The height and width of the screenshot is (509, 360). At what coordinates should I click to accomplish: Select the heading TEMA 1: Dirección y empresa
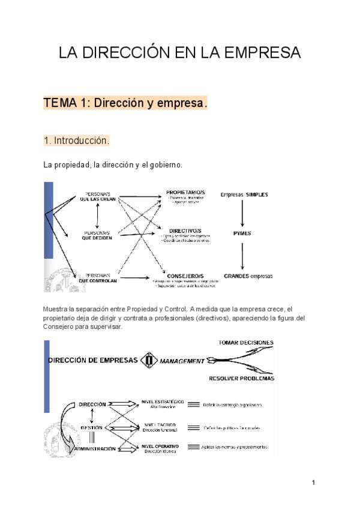click(125, 103)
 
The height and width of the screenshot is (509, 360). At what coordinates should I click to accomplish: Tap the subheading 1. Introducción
click(76, 141)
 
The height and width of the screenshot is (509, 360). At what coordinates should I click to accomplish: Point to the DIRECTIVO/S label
click(185, 230)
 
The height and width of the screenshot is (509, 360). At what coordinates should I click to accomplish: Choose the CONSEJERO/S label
click(187, 276)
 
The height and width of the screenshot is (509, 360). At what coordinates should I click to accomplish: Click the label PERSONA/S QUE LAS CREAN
click(97, 197)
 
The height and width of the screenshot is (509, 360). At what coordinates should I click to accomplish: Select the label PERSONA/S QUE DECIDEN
click(97, 235)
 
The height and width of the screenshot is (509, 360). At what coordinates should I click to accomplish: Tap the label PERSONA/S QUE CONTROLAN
click(97, 277)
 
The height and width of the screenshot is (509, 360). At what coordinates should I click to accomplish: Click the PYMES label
click(242, 233)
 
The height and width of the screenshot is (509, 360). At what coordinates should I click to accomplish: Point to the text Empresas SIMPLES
click(244, 194)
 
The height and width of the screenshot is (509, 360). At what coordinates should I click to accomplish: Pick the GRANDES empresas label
click(248, 276)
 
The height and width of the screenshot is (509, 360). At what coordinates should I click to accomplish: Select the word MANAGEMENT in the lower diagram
click(182, 361)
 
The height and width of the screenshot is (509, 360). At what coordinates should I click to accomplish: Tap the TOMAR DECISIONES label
click(246, 343)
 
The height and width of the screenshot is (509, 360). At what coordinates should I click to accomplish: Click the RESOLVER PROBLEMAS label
click(242, 379)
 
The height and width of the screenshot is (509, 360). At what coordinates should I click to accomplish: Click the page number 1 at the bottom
click(313, 483)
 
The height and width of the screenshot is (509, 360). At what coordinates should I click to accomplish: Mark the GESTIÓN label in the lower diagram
click(92, 427)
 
